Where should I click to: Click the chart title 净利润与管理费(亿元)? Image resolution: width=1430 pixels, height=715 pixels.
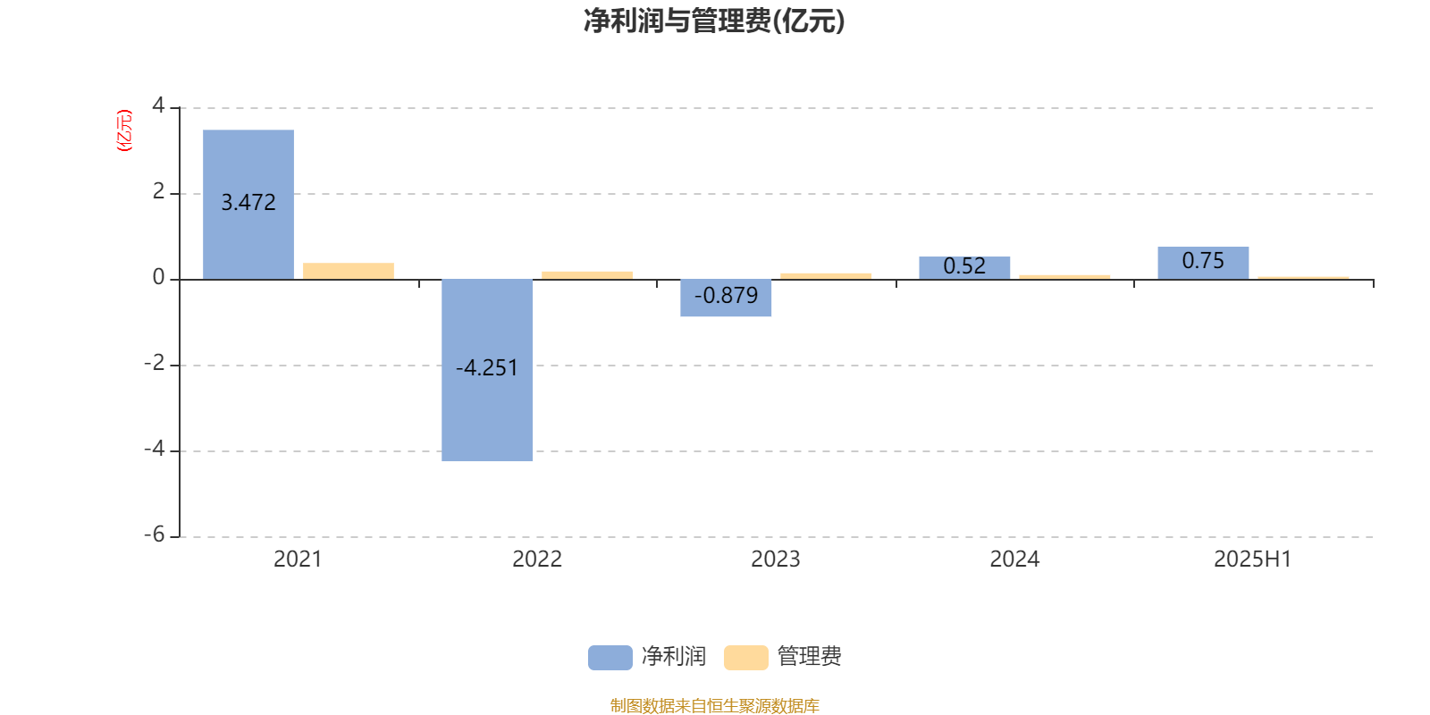[714, 21]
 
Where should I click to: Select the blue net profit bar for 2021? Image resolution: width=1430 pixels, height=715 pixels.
[248, 205]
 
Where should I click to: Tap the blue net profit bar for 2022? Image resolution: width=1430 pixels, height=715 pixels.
[487, 370]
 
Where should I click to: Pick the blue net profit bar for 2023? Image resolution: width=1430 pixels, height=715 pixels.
[726, 298]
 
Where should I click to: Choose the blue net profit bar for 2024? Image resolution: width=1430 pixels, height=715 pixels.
[964, 268]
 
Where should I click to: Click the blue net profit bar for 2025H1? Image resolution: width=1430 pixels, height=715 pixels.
[1203, 263]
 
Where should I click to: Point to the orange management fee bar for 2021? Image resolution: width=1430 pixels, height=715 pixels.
[349, 272]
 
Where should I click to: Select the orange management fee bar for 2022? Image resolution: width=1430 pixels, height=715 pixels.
[587, 276]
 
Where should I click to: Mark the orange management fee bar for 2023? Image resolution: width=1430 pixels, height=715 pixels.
[826, 276]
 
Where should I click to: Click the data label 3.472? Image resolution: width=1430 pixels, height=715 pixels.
[248, 202]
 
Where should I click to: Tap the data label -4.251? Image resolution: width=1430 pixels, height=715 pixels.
[487, 367]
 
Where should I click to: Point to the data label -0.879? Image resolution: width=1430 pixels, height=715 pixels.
[726, 295]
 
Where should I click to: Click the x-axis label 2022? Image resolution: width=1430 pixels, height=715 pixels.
[537, 559]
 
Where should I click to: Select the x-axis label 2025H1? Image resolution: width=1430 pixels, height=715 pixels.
[1252, 559]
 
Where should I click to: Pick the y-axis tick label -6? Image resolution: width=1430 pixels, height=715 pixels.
[155, 534]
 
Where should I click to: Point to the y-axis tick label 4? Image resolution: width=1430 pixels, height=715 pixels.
[158, 105]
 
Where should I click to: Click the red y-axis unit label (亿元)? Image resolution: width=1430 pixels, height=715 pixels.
[124, 130]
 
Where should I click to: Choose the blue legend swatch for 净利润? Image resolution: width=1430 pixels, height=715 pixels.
[610, 658]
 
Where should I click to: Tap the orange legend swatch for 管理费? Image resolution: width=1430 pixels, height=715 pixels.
[746, 658]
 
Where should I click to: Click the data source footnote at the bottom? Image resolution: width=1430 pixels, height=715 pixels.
[714, 705]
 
